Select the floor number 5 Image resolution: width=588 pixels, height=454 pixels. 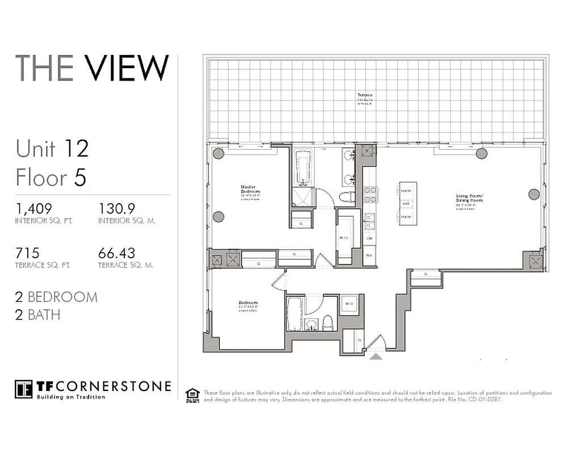click(x=80, y=178)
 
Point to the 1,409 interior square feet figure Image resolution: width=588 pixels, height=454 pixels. click(x=34, y=208)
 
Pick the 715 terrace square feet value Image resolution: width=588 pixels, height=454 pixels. click(x=27, y=253)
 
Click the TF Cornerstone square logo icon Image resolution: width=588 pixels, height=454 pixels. click(x=23, y=389)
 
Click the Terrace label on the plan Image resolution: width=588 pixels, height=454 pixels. click(x=365, y=95)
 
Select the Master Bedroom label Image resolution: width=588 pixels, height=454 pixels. click(x=248, y=189)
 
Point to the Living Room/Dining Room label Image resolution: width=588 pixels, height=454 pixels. click(x=469, y=198)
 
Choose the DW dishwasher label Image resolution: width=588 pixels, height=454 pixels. click(x=369, y=238)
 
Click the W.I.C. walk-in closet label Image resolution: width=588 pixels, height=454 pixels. click(x=344, y=238)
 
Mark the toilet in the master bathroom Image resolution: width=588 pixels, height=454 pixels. click(x=347, y=197)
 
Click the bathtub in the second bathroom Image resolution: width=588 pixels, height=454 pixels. click(x=294, y=313)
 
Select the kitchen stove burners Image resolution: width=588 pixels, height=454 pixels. click(x=370, y=195)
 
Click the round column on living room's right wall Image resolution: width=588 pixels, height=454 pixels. click(x=533, y=195)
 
